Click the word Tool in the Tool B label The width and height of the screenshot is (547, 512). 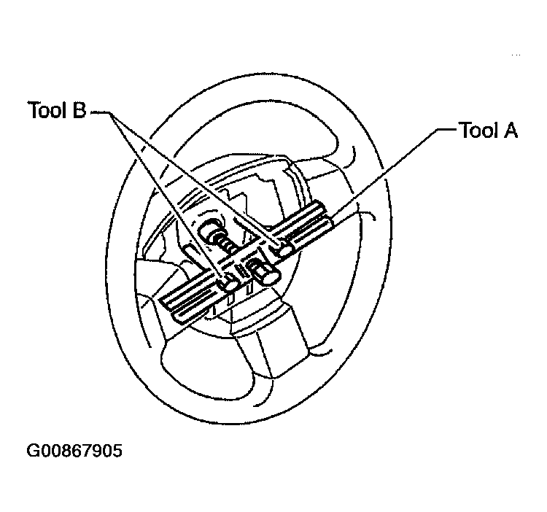[x=47, y=109]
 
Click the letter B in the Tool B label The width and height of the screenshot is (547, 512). [x=79, y=109]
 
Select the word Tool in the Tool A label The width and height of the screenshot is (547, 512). [x=479, y=130]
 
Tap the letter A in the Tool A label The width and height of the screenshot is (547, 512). [x=510, y=130]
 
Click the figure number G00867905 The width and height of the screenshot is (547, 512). [x=74, y=450]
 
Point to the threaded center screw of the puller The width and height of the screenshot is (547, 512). [x=225, y=241]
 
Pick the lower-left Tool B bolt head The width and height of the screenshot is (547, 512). [x=228, y=283]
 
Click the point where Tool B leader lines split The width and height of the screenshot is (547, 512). [x=111, y=113]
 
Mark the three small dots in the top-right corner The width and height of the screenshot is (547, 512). [x=516, y=55]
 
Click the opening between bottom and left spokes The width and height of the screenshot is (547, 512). [x=206, y=366]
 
